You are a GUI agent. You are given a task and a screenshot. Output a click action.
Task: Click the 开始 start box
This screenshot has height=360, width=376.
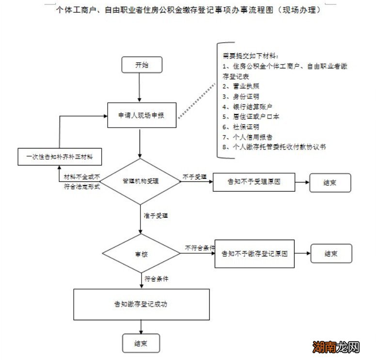coord(140,65)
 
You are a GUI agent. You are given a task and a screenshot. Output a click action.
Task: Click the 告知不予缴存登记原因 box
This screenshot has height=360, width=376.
coord(254,254)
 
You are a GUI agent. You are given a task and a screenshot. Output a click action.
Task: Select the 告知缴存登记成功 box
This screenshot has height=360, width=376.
coord(141,305)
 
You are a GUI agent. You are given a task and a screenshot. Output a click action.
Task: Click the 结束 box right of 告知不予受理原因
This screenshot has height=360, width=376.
coord(330,182)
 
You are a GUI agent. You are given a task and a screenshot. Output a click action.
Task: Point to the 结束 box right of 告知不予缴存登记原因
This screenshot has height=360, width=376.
coord(331,254)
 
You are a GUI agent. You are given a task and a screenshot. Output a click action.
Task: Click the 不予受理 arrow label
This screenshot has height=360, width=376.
coord(194,176)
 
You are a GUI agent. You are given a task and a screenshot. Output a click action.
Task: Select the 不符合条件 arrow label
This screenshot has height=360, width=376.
coord(200,247)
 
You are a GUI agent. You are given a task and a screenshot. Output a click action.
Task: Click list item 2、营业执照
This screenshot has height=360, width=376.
coord(242,86)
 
